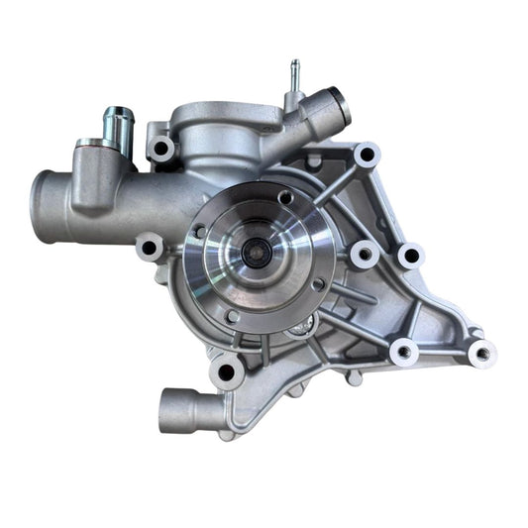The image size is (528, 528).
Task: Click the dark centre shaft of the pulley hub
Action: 255,254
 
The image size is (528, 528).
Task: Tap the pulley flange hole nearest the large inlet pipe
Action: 199,232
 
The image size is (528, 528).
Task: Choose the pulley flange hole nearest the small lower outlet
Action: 232,316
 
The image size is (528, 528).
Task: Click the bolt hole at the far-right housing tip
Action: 481,352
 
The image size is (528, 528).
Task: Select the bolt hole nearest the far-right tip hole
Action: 403,351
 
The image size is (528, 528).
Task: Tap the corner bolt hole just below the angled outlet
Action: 368,156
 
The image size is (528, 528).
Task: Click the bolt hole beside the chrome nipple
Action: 160,150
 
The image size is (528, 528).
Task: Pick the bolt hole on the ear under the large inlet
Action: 151,246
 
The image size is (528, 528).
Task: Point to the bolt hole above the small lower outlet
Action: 226,371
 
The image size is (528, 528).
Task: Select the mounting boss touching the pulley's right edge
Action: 364,255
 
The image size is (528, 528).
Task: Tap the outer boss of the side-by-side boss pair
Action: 409,256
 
